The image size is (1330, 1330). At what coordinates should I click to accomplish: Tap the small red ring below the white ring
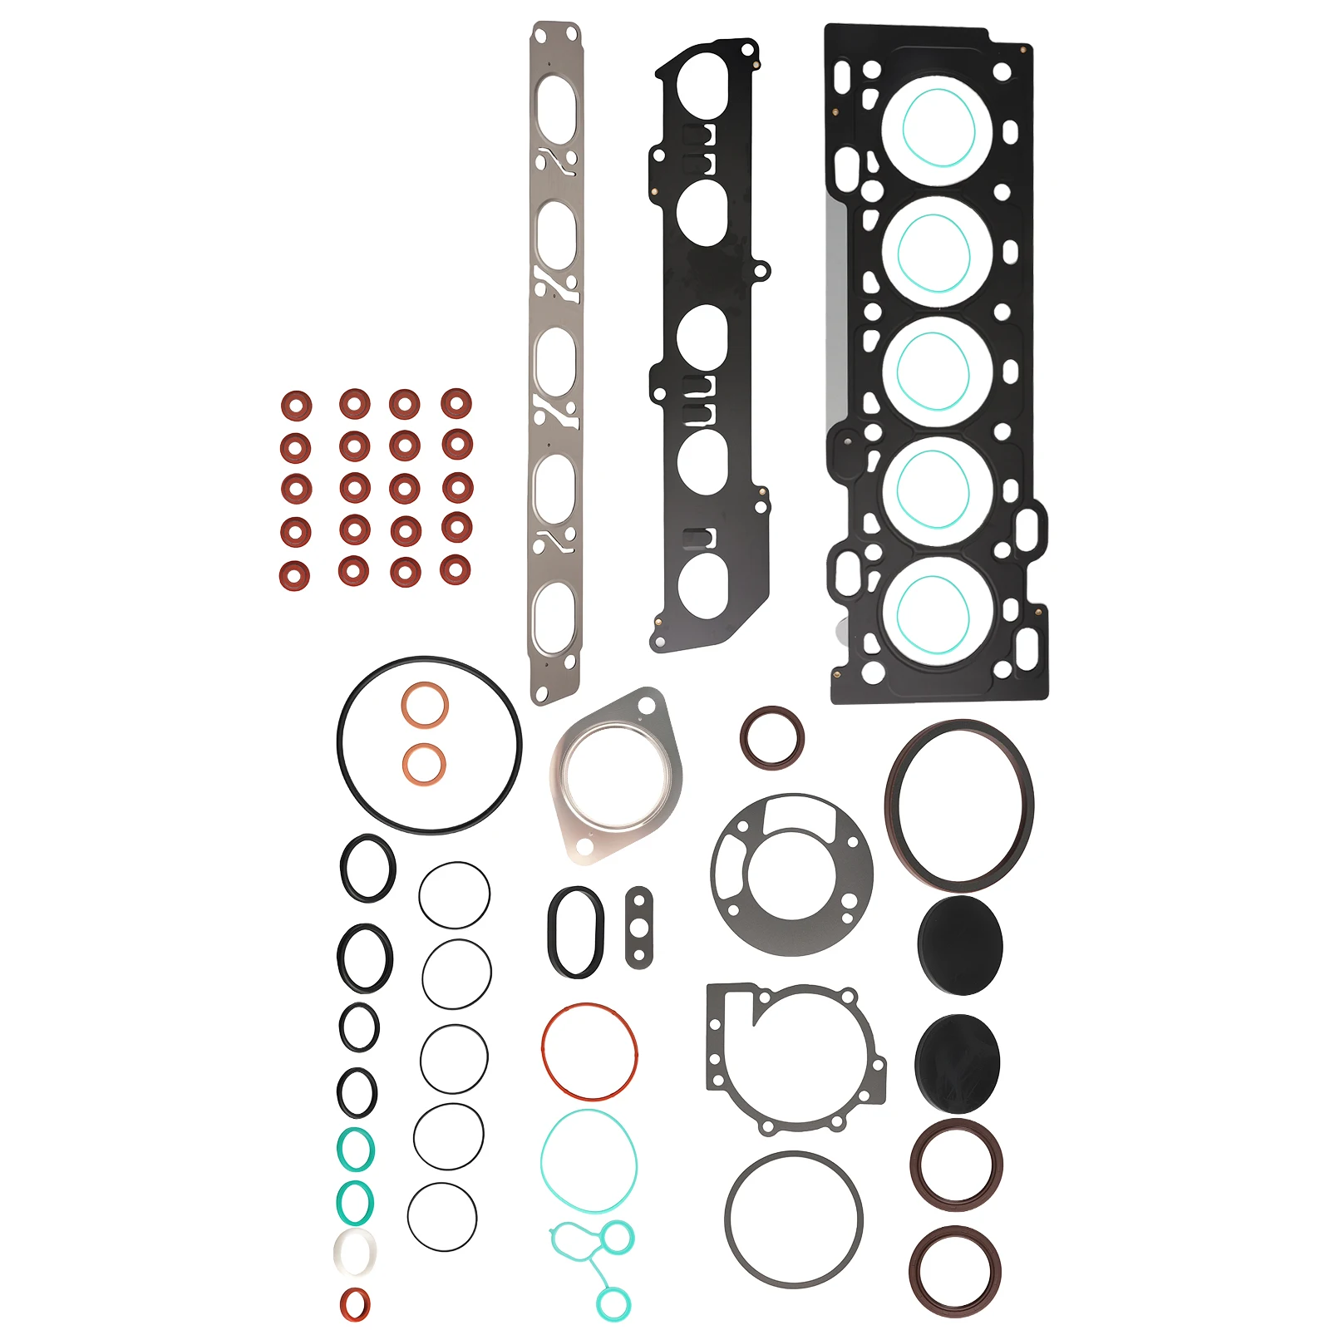click(x=355, y=1304)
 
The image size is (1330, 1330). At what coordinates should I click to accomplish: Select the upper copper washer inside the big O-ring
click(x=425, y=706)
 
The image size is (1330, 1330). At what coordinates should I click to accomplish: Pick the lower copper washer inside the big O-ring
click(x=424, y=764)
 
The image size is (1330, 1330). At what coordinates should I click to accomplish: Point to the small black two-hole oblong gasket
click(x=638, y=928)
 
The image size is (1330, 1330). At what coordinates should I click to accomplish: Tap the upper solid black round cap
click(x=960, y=945)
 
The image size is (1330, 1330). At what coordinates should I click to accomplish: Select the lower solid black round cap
click(x=957, y=1063)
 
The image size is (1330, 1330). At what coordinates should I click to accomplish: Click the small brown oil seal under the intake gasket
click(x=771, y=737)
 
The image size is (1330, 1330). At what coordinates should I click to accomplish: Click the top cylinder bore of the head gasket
click(x=937, y=131)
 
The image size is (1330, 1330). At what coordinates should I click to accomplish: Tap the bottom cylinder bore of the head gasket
click(x=937, y=611)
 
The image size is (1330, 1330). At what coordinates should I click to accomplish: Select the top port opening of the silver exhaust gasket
click(x=556, y=108)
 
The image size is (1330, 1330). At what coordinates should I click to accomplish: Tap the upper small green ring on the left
click(x=355, y=1150)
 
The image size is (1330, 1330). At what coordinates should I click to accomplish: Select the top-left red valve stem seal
click(x=296, y=406)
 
